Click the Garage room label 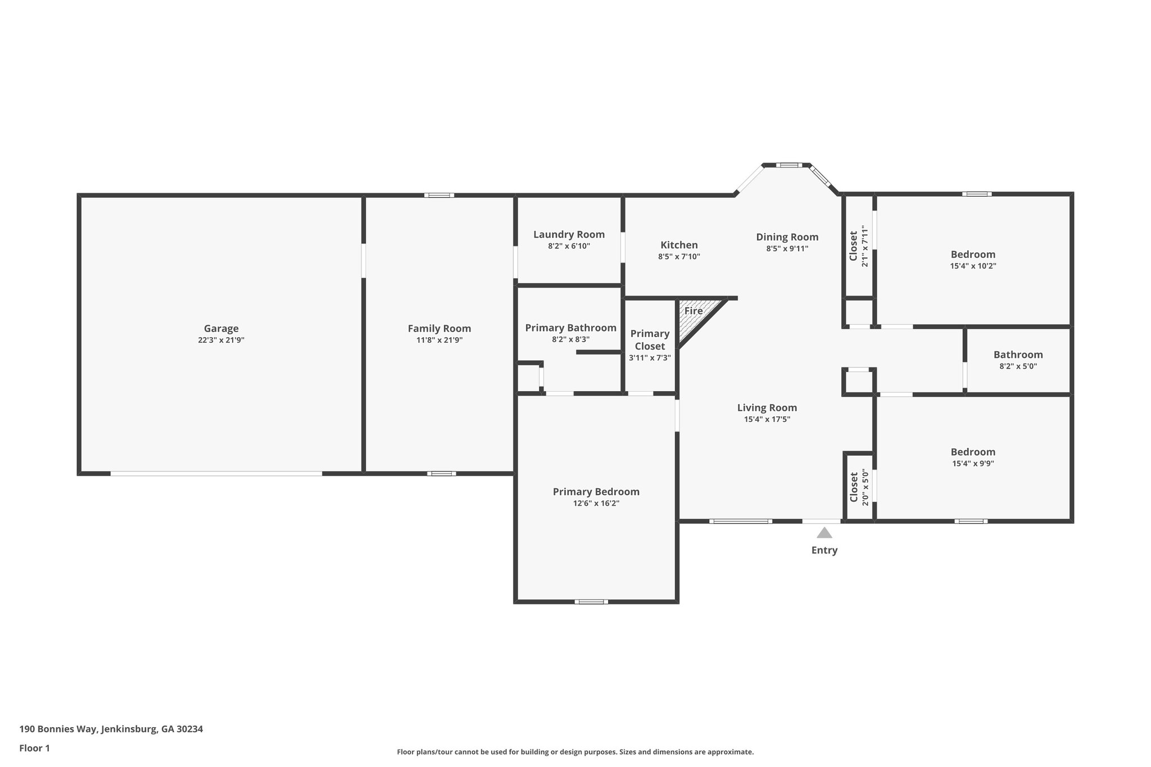(221, 329)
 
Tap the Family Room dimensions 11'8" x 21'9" (439, 340)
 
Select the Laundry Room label (569, 234)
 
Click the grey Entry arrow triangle (824, 533)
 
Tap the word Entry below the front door (824, 550)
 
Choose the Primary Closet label (650, 340)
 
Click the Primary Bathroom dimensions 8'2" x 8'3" (570, 339)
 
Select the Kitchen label (679, 245)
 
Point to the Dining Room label (787, 237)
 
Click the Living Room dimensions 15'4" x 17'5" (767, 419)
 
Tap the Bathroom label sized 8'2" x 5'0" (1018, 355)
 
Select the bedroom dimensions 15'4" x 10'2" (973, 266)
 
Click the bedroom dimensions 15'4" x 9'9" (973, 464)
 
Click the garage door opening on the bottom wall (216, 474)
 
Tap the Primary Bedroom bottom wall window (591, 602)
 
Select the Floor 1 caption (35, 748)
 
